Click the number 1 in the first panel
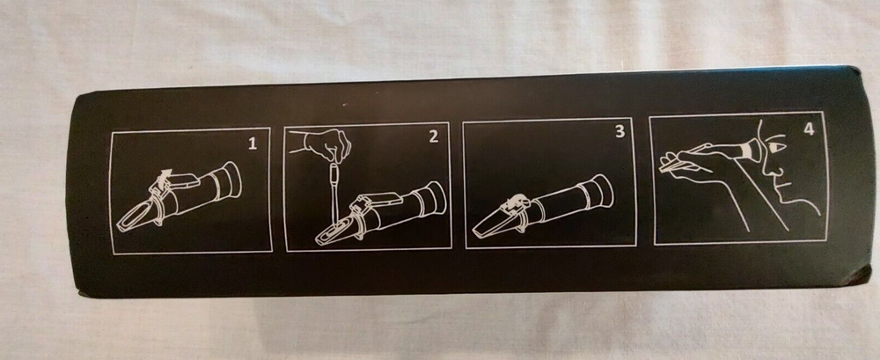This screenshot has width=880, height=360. (253, 143)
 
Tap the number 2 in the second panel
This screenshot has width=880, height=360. (433, 137)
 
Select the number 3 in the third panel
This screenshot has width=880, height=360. (620, 132)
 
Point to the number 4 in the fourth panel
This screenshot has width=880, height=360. (809, 129)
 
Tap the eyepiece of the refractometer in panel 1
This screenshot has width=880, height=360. (231, 180)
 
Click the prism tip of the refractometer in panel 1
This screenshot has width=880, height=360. (135, 217)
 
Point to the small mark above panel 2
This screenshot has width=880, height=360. (343, 105)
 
